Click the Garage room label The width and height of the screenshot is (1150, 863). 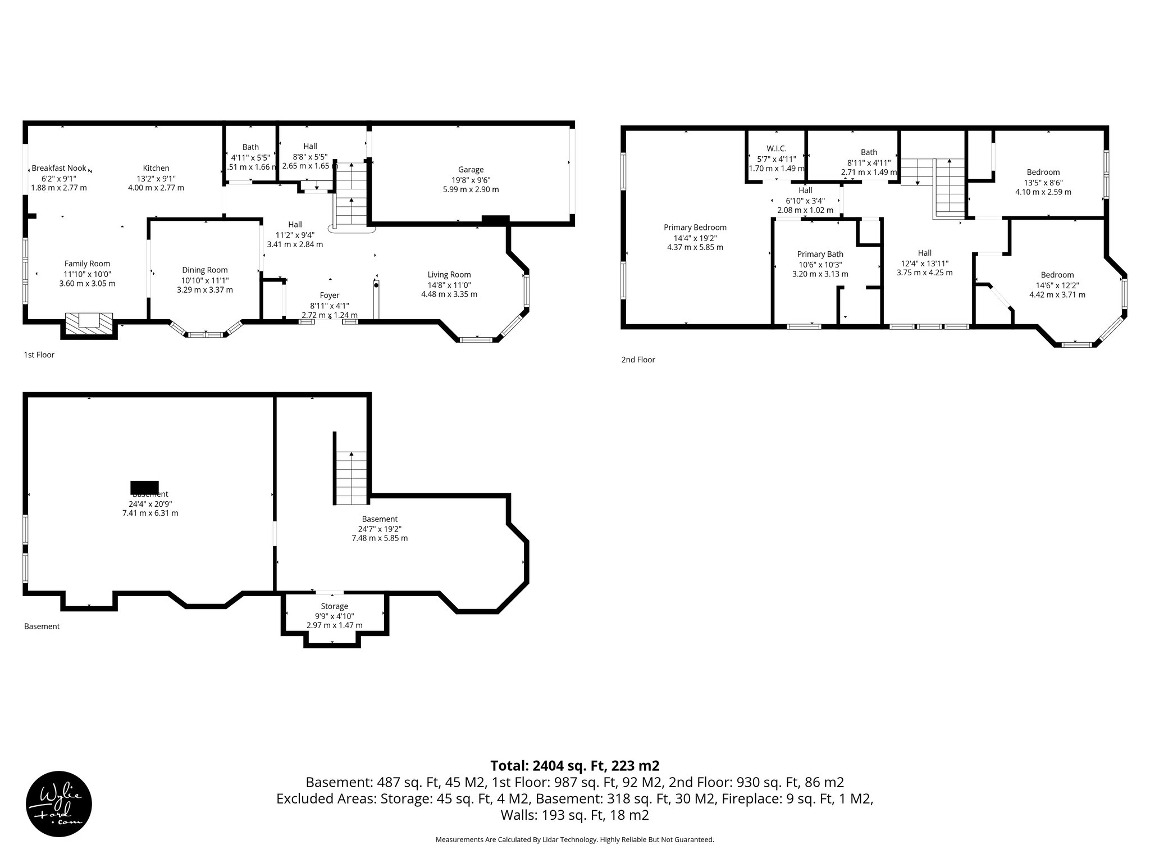pos(471,170)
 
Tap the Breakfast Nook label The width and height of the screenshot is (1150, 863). pos(59,168)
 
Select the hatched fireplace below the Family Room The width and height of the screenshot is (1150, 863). pos(89,322)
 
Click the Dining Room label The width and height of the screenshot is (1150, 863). pos(205,270)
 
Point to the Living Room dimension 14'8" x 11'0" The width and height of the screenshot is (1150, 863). pos(449,285)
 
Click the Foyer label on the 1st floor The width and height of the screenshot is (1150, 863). pos(330,296)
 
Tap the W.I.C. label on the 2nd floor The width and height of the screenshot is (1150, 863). pos(776,148)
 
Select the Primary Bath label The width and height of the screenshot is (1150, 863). pos(820,255)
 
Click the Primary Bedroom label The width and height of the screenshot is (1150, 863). pos(695,228)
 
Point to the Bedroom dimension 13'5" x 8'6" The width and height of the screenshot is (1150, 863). pos(1043,183)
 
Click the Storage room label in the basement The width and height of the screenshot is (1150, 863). pos(335,606)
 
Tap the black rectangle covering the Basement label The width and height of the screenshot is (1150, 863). pos(144,487)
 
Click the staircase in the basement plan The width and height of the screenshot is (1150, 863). pos(352,478)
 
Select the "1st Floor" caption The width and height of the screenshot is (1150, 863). pos(39,355)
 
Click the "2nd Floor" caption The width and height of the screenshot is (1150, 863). pos(638,360)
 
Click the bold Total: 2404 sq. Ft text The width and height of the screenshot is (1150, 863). pos(574,766)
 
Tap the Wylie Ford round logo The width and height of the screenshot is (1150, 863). pos(59,803)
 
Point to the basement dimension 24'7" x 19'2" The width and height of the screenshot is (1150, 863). pos(380,529)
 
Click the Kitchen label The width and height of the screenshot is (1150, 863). pos(156,168)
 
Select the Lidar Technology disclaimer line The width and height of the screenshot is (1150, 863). pos(574,839)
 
